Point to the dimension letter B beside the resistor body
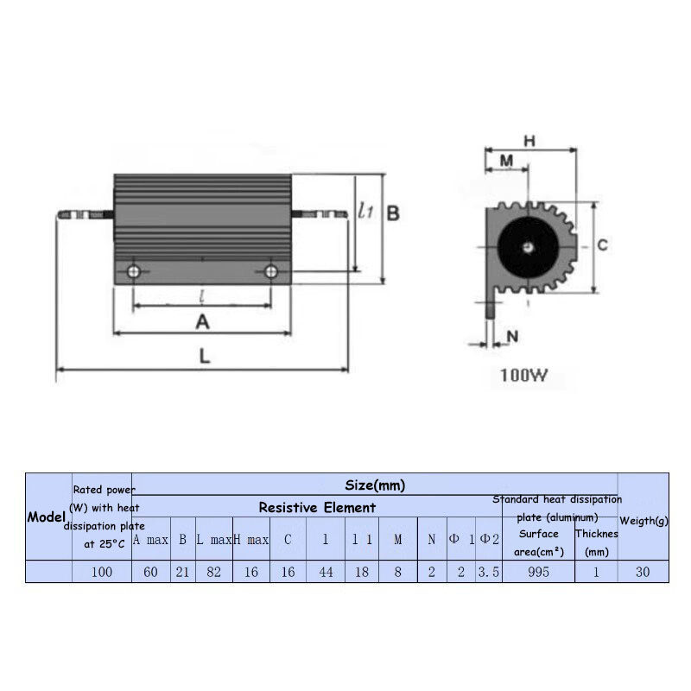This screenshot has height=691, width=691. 392,212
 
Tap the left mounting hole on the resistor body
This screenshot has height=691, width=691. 134,272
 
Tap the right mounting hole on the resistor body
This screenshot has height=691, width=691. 271,272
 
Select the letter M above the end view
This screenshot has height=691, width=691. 507,161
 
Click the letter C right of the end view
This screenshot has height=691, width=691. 602,245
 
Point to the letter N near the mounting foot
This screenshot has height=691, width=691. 512,337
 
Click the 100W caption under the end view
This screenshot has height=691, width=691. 523,376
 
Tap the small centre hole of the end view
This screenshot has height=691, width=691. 528,247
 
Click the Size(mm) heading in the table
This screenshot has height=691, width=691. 375,485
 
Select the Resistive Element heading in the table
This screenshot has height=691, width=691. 317,507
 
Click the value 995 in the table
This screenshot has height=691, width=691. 538,572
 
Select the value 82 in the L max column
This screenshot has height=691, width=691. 213,572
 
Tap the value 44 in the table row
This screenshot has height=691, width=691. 326,572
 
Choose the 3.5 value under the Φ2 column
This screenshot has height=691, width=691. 489,572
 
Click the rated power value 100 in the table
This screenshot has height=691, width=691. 101,572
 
